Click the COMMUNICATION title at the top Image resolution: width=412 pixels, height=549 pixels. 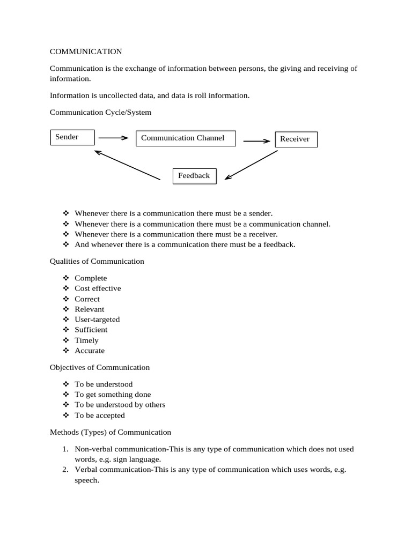[86, 51]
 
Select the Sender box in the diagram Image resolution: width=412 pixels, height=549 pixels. [72, 137]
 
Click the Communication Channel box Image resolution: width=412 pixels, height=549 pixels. [186, 138]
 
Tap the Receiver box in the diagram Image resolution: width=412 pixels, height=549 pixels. [296, 139]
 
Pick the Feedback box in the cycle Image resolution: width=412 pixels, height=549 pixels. [194, 176]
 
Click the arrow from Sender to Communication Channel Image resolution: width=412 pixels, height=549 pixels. [113, 138]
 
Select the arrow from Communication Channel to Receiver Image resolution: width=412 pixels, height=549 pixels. [257, 142]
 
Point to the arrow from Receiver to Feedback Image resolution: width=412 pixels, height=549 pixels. [251, 165]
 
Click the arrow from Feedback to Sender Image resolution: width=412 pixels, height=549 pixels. [127, 165]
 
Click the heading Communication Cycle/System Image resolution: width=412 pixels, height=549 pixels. [100, 112]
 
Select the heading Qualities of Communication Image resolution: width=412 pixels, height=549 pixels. [97, 261]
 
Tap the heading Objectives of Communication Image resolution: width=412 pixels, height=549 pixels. [100, 367]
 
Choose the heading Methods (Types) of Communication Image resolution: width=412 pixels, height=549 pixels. [111, 432]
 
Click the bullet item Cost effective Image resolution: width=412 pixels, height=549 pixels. [98, 288]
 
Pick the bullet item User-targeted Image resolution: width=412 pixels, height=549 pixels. [97, 320]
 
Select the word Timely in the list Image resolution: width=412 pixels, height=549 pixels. [86, 340]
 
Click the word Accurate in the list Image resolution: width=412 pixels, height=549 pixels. [90, 351]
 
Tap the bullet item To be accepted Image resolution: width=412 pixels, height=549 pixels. [99, 415]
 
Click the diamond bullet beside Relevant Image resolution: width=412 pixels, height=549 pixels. [66, 309]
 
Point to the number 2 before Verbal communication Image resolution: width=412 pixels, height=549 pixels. [64, 469]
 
